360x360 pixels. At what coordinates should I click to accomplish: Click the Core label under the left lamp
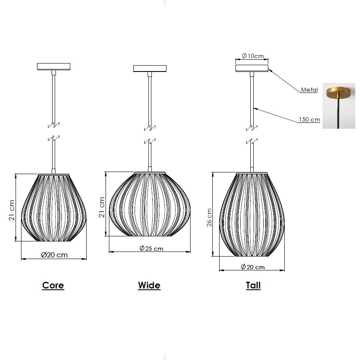[53, 285]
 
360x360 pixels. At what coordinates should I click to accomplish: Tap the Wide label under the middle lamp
[149, 286]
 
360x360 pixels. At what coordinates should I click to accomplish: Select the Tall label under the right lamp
[253, 286]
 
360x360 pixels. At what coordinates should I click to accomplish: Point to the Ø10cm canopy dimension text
[253, 56]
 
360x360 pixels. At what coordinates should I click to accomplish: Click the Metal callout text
[309, 90]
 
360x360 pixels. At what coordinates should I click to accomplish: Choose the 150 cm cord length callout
[309, 119]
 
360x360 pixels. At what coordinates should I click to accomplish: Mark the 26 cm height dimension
[209, 217]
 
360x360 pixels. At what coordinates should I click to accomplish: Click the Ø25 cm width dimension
[151, 248]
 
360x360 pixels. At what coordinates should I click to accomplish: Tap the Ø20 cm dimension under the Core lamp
[54, 255]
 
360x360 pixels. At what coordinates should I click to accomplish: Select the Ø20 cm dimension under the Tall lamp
[253, 267]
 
